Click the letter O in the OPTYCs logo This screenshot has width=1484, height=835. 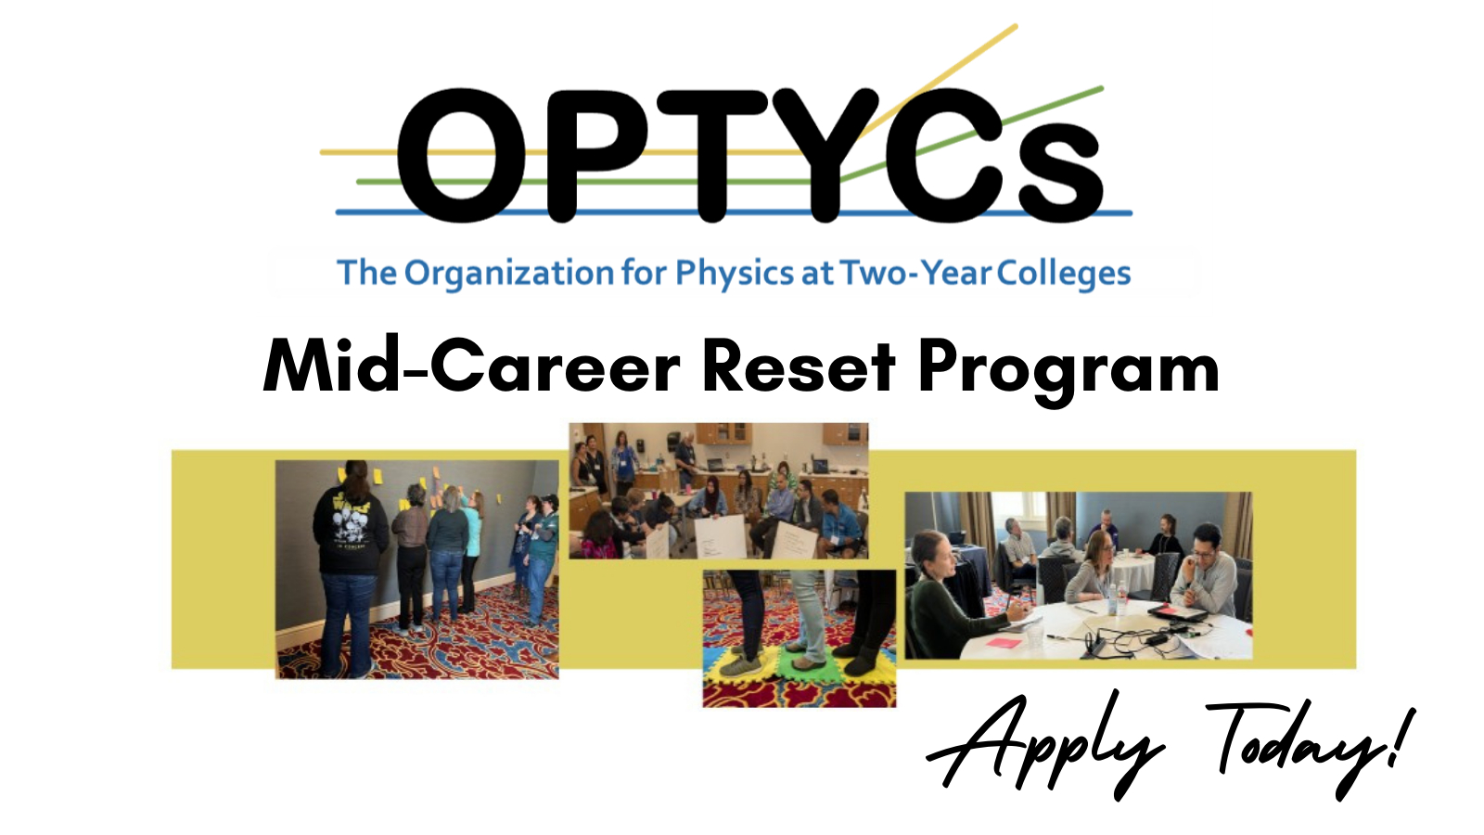pyautogui.click(x=462, y=155)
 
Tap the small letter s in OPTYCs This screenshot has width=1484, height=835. pyautogui.click(x=1060, y=173)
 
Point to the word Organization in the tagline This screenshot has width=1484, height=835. pyautogui.click(x=509, y=274)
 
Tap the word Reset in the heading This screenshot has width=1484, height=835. pyautogui.click(x=798, y=366)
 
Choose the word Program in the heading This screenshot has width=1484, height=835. pyautogui.click(x=1068, y=370)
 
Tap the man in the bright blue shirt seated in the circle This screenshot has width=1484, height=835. pyautogui.click(x=840, y=522)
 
